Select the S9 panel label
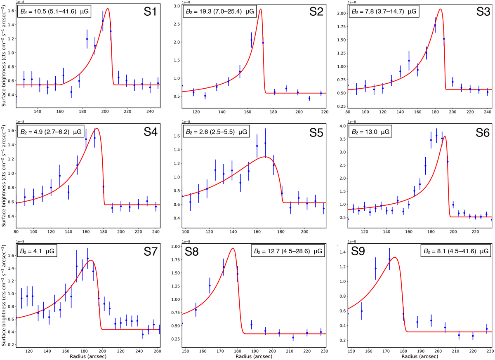click(361, 251)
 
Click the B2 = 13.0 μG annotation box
click(370, 132)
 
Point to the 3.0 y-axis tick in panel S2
click(175, 6)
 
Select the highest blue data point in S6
click(436, 135)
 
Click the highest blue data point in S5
click(265, 143)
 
